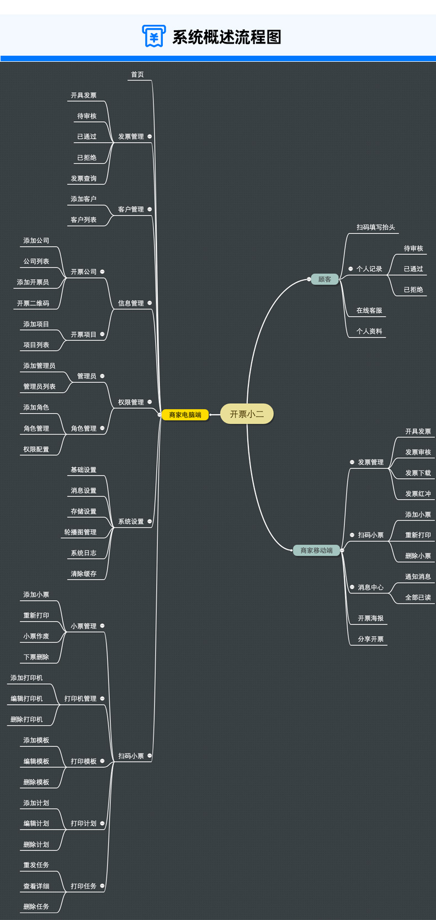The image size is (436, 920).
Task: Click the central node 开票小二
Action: click(247, 414)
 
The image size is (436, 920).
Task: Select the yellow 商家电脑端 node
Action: click(185, 415)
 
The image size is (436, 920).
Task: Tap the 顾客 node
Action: click(325, 280)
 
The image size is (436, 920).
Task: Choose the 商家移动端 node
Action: click(316, 550)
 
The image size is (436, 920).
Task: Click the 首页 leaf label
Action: click(137, 74)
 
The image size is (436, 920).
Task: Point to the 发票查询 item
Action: click(83, 179)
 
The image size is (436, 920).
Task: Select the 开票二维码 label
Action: click(33, 303)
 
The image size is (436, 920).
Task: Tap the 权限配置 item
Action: click(36, 450)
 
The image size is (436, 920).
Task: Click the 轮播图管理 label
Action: click(80, 532)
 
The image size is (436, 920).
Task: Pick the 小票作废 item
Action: click(36, 636)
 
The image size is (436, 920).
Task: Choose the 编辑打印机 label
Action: click(26, 699)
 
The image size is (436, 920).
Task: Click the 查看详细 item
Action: click(36, 886)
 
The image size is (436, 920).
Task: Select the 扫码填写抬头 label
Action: click(376, 227)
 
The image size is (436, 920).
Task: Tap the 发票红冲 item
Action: click(418, 494)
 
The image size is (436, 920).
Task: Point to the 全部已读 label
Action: click(418, 597)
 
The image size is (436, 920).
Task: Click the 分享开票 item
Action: click(371, 639)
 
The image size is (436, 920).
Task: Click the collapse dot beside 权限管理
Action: click(150, 402)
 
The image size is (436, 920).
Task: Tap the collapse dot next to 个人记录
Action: click(350, 269)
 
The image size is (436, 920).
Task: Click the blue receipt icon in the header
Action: click(153, 36)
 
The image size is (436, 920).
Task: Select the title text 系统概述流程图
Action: click(227, 37)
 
